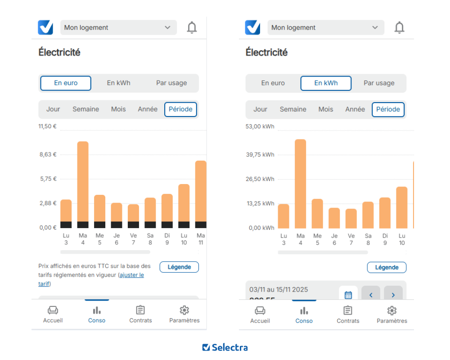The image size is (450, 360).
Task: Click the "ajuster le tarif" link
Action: tap(131, 275)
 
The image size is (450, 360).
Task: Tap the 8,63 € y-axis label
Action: tap(48, 154)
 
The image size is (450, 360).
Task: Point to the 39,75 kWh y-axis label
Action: tap(260, 155)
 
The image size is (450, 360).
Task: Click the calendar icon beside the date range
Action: tap(348, 295)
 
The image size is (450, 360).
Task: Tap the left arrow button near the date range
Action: tap(371, 295)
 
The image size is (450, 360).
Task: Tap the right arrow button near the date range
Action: tap(393, 295)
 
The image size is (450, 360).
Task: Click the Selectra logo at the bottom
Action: tap(225, 347)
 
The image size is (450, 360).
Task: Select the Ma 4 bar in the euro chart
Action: tap(83, 184)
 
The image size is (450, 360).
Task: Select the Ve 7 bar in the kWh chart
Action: tap(351, 219)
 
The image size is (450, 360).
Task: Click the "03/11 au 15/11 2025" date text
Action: tap(279, 289)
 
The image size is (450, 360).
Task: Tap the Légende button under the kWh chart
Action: tap(387, 267)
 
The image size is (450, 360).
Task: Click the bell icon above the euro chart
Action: tap(192, 27)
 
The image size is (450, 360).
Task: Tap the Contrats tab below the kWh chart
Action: tap(348, 314)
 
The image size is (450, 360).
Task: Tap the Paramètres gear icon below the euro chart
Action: tap(184, 310)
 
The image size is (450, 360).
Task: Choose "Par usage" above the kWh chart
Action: tap(379, 83)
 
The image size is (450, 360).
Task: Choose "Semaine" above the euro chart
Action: tap(85, 109)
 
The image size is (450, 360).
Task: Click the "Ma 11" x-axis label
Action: tap(201, 239)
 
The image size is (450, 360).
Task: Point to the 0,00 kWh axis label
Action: tap(261, 228)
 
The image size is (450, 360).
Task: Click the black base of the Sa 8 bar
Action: tap(150, 225)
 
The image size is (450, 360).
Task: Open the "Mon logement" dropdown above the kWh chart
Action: tap(326, 27)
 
